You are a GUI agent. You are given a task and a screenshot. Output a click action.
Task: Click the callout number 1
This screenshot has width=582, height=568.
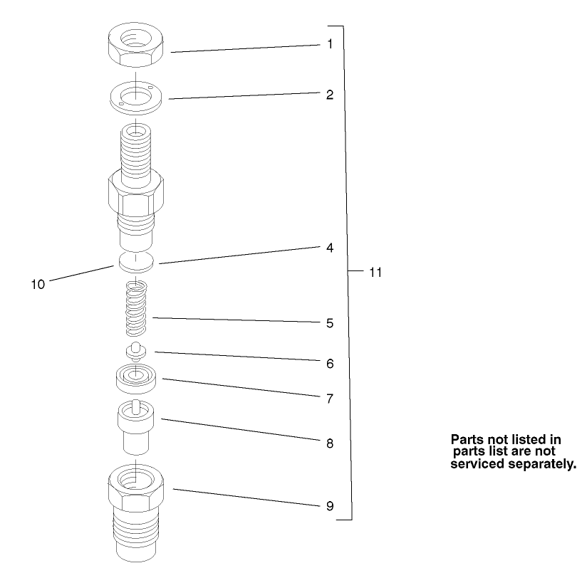pos(330,44)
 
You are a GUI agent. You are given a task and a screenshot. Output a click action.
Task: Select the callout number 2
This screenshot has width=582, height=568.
pos(330,94)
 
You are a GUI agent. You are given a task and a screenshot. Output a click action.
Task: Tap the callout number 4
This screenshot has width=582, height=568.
pos(330,248)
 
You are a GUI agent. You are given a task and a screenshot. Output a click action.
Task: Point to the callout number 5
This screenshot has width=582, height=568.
pos(330,323)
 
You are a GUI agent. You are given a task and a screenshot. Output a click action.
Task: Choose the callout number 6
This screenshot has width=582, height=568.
pos(330,363)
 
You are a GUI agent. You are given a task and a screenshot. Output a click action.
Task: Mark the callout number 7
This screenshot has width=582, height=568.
pos(330,399)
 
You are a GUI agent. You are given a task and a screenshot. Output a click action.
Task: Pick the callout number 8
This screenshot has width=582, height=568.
pos(330,443)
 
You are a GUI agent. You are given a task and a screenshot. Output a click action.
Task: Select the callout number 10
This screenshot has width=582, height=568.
pos(38,284)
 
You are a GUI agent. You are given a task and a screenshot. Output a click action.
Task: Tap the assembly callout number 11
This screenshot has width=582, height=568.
pos(375,273)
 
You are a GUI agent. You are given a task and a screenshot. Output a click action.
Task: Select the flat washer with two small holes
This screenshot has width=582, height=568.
pos(137,96)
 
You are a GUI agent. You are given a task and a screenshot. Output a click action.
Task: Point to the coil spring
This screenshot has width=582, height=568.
pos(136,309)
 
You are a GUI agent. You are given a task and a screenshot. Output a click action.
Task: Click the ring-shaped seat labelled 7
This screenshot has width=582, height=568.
pos(136,377)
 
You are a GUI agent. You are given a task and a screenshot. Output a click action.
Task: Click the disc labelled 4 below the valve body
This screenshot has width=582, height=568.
pos(136,261)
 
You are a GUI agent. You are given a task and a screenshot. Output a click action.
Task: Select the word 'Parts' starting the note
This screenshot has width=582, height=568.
pos(467,439)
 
